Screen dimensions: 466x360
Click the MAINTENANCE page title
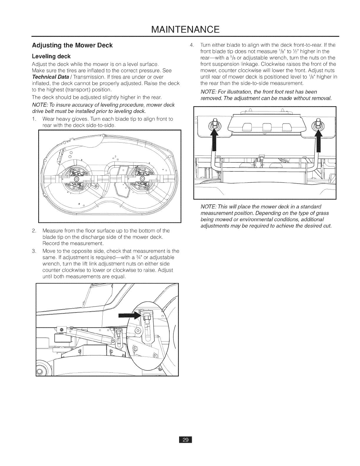click(x=180, y=29)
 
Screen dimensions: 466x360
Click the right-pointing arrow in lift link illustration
click(x=129, y=316)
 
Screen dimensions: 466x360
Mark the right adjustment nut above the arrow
click(x=318, y=123)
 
